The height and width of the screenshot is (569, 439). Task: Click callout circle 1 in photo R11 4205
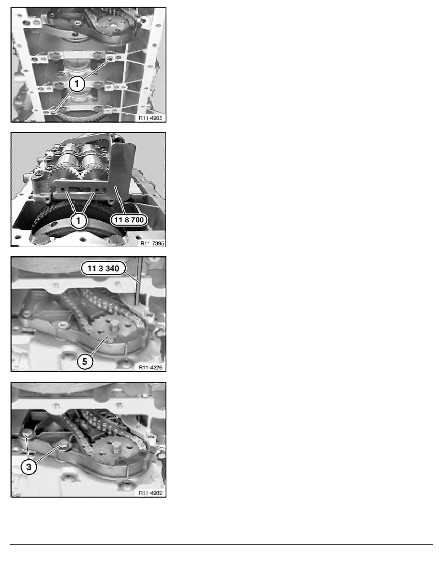pos(78,84)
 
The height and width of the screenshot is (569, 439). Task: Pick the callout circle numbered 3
pos(30,468)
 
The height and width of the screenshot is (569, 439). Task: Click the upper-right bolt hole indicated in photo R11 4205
pos(110,59)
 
